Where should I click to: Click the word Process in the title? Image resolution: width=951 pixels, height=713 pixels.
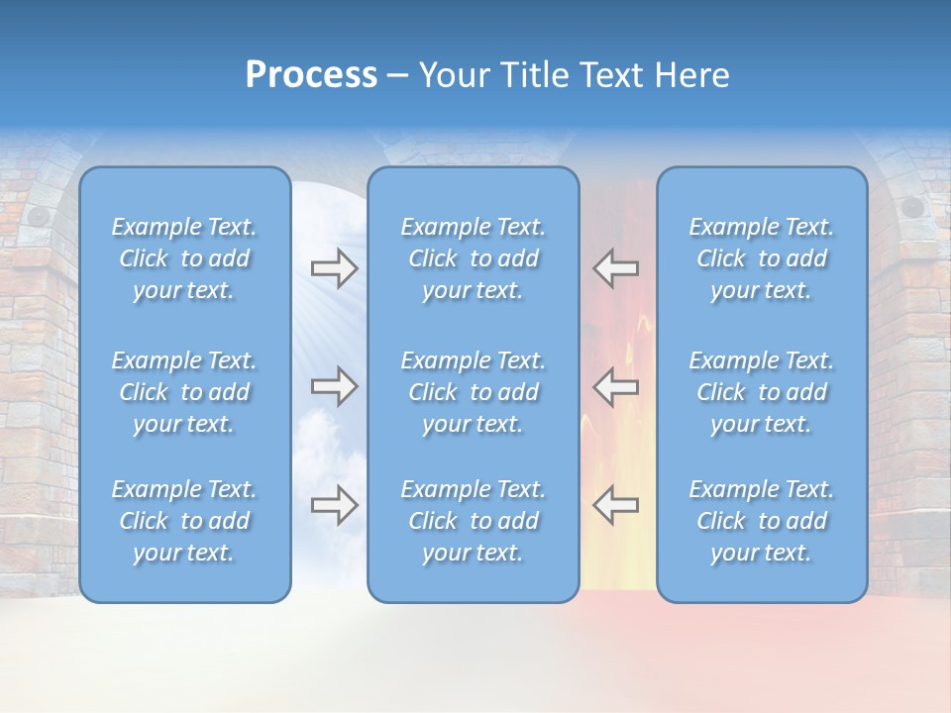[311, 75]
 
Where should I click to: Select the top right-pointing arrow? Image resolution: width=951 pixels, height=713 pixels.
[334, 268]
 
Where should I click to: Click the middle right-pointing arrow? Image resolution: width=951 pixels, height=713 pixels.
[334, 386]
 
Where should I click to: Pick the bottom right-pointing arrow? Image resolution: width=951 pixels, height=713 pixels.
[334, 505]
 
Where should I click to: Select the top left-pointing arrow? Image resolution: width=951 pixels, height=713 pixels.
[615, 268]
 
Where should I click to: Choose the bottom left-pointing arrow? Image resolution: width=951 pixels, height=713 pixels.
[615, 505]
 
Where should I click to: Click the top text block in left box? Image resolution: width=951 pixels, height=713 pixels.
[184, 258]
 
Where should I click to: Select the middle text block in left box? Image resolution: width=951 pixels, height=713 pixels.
[184, 392]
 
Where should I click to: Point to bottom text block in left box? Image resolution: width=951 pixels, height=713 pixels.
[184, 521]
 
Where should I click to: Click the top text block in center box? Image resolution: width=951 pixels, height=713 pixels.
[473, 258]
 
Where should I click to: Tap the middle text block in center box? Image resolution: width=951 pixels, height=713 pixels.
[473, 392]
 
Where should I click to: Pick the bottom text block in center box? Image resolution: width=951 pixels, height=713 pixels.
[473, 521]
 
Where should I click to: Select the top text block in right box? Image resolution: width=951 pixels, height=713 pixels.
[761, 258]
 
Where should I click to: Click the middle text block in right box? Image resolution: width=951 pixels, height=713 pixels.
[761, 392]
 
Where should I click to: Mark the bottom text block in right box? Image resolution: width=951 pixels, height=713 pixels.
[761, 521]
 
